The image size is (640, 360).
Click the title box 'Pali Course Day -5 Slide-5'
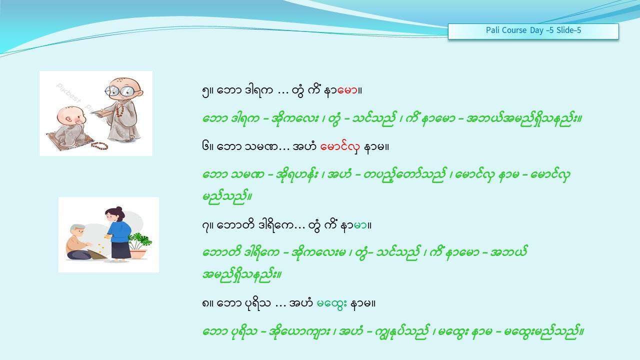pos(533,31)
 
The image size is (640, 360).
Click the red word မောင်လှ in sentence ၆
pos(339,147)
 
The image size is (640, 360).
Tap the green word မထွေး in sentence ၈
pos(331,303)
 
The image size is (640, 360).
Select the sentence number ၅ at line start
pos(205,91)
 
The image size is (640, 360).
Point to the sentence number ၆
pos(205,147)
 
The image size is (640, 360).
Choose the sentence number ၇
pos(205,226)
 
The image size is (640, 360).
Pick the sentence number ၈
pos(205,303)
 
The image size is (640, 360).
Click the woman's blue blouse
pos(119,231)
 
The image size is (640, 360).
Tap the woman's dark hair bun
pos(119,209)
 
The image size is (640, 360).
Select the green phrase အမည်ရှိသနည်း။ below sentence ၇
pos(242,275)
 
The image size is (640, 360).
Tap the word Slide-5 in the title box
pos(568,30)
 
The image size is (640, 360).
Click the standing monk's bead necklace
pos(119,110)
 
